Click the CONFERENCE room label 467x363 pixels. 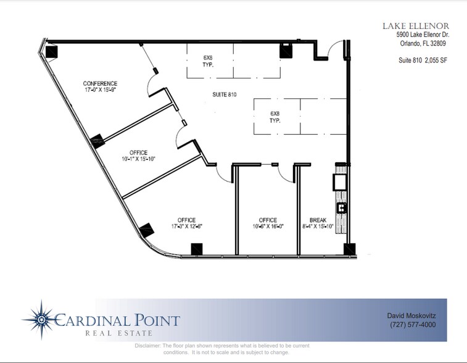(x=100, y=86)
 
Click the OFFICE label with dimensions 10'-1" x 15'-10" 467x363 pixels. (x=138, y=156)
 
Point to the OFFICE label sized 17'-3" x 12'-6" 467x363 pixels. (x=186, y=223)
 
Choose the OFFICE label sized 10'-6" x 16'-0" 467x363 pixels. (x=268, y=223)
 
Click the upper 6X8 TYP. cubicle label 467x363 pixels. (x=208, y=60)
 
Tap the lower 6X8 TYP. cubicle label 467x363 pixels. (x=275, y=117)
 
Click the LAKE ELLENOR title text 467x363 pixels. (x=415, y=25)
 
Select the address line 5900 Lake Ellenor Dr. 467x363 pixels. (x=423, y=36)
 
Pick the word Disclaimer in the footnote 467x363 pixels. (x=148, y=346)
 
